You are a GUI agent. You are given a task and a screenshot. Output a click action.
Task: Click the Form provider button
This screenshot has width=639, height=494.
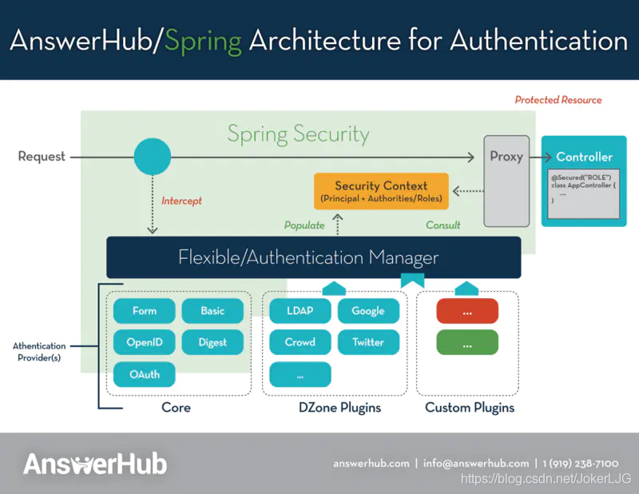(x=144, y=311)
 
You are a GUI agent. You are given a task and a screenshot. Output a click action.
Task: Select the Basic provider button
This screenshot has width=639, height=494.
(x=212, y=311)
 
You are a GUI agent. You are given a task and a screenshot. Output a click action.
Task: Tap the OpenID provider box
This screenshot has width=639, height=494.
(x=144, y=343)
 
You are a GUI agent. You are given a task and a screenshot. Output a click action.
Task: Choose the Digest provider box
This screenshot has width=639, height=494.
(x=212, y=343)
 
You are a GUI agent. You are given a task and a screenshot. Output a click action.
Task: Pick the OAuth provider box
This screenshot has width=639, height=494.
(x=144, y=374)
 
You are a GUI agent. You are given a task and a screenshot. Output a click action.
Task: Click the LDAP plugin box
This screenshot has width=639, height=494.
(x=300, y=311)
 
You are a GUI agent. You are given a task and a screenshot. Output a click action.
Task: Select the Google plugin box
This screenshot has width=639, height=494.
(x=368, y=311)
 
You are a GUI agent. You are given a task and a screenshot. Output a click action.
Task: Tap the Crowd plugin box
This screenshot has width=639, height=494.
(x=300, y=342)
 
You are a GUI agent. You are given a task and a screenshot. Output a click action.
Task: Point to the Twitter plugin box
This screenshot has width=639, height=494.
(x=368, y=342)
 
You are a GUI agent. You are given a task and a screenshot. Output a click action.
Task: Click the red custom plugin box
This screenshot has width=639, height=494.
(x=467, y=311)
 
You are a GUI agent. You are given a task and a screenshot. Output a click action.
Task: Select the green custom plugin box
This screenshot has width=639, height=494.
(x=467, y=343)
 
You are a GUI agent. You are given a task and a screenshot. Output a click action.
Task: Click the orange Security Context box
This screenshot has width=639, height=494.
(x=381, y=191)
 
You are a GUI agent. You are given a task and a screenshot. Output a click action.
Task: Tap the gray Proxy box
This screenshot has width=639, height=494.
(x=506, y=180)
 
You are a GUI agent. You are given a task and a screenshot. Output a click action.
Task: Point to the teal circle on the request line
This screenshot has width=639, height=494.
(x=152, y=157)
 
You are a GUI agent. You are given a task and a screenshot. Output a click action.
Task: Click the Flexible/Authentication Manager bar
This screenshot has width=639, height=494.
(x=313, y=257)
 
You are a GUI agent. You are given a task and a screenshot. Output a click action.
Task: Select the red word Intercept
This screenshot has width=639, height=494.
(x=181, y=201)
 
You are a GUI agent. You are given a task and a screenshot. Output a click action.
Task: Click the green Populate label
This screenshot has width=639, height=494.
(x=304, y=225)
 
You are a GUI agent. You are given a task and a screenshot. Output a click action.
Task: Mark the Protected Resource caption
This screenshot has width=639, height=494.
(x=558, y=100)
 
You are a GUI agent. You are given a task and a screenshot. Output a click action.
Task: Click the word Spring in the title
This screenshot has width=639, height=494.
(x=203, y=41)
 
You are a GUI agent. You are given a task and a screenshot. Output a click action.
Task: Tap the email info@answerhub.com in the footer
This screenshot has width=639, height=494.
(x=476, y=464)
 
